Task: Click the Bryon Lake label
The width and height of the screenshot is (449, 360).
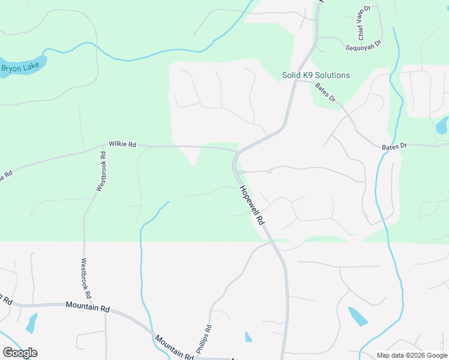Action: pos(20,68)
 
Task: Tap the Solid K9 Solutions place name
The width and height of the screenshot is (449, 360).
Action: pos(316,75)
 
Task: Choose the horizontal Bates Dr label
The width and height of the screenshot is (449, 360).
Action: pos(395,146)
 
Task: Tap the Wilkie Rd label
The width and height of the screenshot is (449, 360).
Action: pos(122,145)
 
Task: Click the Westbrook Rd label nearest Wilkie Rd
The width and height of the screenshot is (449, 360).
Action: pos(102,172)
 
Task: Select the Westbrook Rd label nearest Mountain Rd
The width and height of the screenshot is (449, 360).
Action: pos(86,278)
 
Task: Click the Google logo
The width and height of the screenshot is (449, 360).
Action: pos(20,353)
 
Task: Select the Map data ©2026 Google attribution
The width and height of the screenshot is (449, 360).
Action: pos(411,355)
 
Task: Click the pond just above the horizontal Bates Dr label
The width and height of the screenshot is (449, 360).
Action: pos(442,125)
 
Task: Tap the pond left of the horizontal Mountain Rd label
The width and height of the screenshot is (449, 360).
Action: pos(31,322)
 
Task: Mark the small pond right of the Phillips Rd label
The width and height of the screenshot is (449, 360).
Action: pos(248,337)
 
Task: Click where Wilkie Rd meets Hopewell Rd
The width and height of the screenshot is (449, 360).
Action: pos(235,151)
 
